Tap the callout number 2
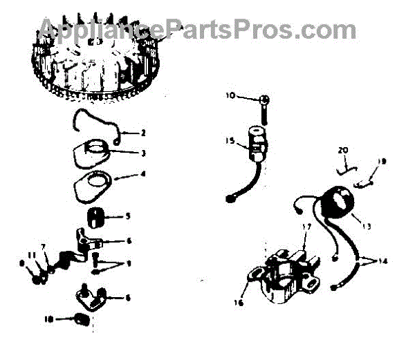pyautogui.click(x=143, y=133)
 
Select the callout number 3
pyautogui.click(x=143, y=153)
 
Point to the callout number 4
pyautogui.click(x=143, y=174)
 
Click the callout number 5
pyautogui.click(x=127, y=216)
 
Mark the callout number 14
pyautogui.click(x=384, y=261)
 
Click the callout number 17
pyautogui.click(x=306, y=227)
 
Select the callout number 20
pyautogui.click(x=343, y=150)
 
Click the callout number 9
pyautogui.click(x=127, y=264)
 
